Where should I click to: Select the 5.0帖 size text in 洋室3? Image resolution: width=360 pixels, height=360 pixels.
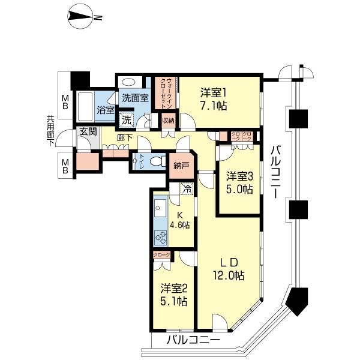(x=239, y=189)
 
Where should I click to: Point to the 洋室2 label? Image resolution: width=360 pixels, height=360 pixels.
(x=173, y=288)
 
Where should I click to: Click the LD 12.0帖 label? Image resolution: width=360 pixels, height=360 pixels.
(x=231, y=269)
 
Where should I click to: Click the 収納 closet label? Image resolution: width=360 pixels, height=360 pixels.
(x=169, y=121)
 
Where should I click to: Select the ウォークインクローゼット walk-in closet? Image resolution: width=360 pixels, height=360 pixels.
(x=166, y=94)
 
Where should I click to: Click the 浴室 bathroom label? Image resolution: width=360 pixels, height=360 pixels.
(x=106, y=110)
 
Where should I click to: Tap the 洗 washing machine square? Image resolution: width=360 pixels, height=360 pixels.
(x=127, y=119)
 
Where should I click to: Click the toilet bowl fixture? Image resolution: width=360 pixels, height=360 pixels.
(x=157, y=161)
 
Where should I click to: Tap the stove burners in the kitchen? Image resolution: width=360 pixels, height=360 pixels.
(x=161, y=238)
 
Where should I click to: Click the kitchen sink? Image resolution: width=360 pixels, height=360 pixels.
(x=160, y=210)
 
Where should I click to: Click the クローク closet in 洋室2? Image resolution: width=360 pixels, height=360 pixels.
(x=161, y=255)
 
